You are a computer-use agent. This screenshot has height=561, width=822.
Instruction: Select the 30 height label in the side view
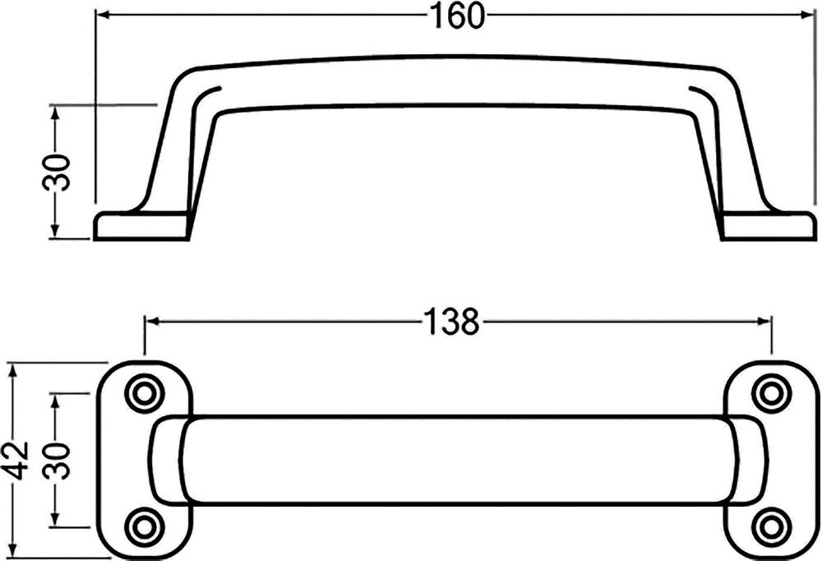[56, 173]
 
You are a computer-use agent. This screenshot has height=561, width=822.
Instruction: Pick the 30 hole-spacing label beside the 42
[56, 461]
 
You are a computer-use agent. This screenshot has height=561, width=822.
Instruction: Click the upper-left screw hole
[142, 393]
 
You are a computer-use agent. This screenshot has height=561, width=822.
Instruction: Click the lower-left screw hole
[142, 526]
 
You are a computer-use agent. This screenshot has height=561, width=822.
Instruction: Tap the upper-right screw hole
[771, 393]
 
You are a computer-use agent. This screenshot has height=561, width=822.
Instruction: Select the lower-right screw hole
[771, 526]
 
